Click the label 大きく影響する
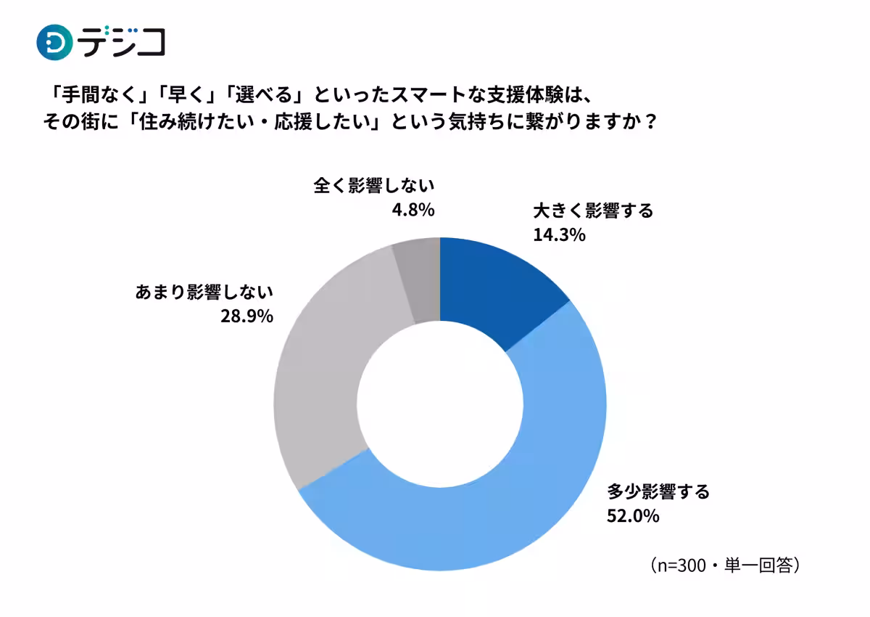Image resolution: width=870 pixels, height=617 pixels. coord(593,211)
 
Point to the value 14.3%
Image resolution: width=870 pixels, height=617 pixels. coord(559,235)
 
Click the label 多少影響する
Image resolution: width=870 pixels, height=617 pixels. coord(658,492)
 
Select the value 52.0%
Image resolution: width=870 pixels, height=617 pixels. coord(633,516)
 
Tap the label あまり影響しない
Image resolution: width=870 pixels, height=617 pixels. coord(204,292)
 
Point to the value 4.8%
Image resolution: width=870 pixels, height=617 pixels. coord(413,211)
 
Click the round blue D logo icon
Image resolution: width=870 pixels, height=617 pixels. coord(54,42)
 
